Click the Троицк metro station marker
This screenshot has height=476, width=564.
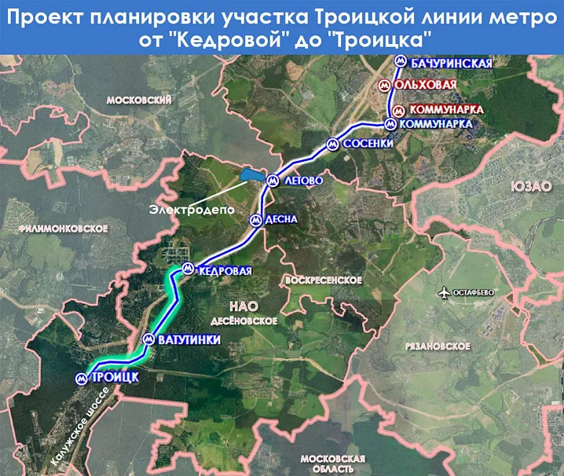click(82, 378)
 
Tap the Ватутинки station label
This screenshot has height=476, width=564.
click(189, 339)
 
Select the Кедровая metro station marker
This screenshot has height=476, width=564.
click(188, 269)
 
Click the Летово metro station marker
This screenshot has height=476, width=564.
click(272, 180)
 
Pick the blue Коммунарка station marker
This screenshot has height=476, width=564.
click(390, 124)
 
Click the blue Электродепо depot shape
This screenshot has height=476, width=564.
click(253, 176)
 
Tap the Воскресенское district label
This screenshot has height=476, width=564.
click(324, 280)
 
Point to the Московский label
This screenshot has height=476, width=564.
click(139, 101)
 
